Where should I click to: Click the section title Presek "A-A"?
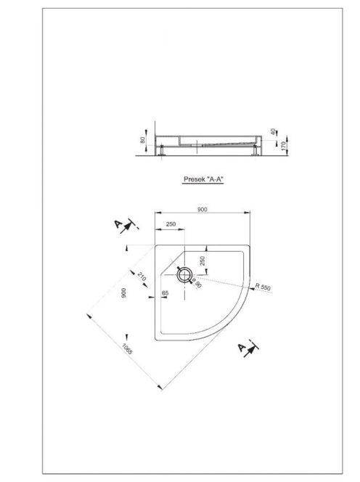[x=203, y=179]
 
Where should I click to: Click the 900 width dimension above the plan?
[x=202, y=209]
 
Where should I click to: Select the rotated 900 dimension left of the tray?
[x=123, y=293]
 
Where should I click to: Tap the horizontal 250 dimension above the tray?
[x=171, y=224]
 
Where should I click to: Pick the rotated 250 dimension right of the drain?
[x=202, y=261]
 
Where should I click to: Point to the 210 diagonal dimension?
[x=141, y=277]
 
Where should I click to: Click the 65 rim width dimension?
[x=165, y=293]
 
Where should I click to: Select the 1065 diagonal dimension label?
[x=127, y=348]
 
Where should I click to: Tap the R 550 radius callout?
[x=263, y=287]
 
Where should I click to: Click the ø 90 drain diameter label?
[x=197, y=284]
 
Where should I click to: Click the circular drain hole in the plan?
[x=184, y=274]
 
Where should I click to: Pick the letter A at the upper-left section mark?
[x=118, y=224]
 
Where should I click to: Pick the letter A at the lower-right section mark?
[x=242, y=348]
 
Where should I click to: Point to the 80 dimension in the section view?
[x=142, y=140]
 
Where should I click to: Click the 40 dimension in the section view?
[x=273, y=131]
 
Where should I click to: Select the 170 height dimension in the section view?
[x=284, y=145]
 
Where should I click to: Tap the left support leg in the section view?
[x=161, y=151]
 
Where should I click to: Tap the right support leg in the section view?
[x=255, y=151]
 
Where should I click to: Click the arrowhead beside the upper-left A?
[x=126, y=227]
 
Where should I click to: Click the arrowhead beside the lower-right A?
[x=250, y=351]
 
